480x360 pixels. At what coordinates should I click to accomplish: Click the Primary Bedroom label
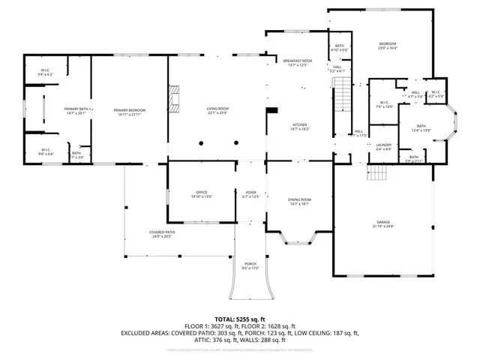[x=130, y=112]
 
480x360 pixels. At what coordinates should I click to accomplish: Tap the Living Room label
[x=217, y=112]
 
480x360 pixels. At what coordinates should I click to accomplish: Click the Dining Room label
[x=299, y=201]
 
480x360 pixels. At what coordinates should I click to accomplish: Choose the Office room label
[x=202, y=195]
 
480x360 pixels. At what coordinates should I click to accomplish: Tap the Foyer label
[x=251, y=195]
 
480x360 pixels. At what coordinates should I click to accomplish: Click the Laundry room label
[x=385, y=146]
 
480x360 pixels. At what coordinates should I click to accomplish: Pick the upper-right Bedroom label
[x=387, y=46]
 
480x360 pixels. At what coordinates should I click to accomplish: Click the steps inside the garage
[x=376, y=174]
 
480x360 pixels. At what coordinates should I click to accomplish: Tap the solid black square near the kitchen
[x=272, y=112]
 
